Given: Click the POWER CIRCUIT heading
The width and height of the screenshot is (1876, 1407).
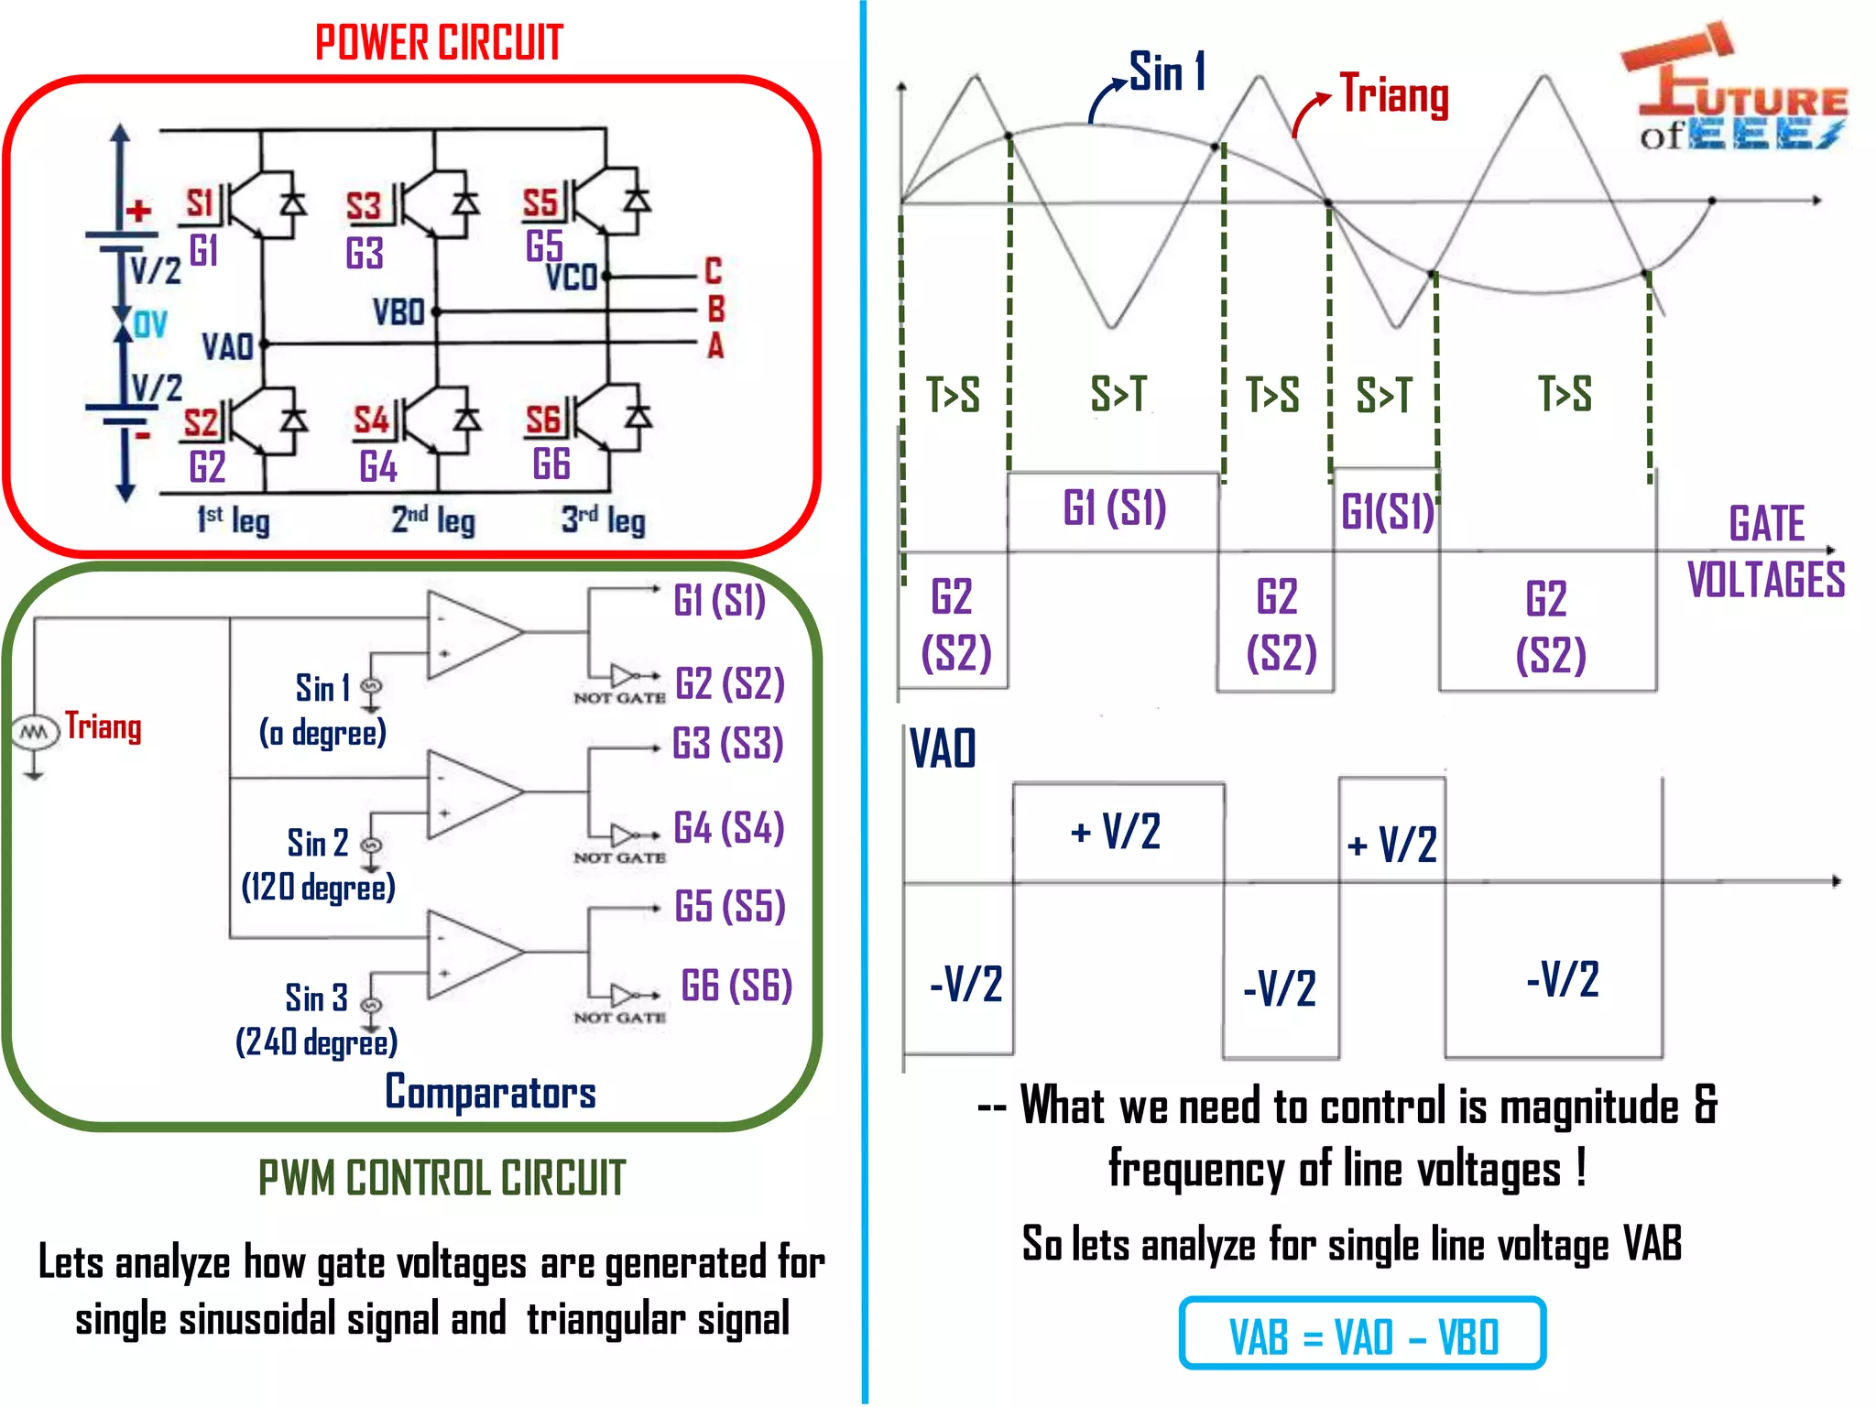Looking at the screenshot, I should pyautogui.click(x=439, y=43).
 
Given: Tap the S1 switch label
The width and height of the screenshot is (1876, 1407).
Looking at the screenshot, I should pyautogui.click(x=199, y=203).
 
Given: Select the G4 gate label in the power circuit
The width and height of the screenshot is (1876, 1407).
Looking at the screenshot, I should pyautogui.click(x=377, y=467).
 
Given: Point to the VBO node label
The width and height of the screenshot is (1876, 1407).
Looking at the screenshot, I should pyautogui.click(x=398, y=313).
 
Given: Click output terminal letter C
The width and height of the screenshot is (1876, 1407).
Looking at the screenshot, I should pyautogui.click(x=713, y=271).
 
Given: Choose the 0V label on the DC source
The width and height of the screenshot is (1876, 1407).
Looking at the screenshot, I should pyautogui.click(x=150, y=324).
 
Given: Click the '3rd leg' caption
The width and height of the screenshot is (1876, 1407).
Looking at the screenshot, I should pyautogui.click(x=603, y=520).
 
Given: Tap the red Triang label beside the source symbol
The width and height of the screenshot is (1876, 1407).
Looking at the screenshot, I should pyautogui.click(x=103, y=726).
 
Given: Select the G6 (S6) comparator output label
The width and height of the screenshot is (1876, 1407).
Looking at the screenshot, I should pyautogui.click(x=736, y=986).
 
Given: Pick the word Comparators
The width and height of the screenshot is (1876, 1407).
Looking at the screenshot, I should pyautogui.click(x=490, y=1092).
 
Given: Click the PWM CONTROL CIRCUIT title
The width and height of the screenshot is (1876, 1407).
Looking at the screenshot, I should pyautogui.click(x=442, y=1178).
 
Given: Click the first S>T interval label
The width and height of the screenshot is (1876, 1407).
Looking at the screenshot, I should pyautogui.click(x=1118, y=394).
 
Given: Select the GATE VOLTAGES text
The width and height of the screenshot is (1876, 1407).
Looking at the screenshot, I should pyautogui.click(x=1765, y=552).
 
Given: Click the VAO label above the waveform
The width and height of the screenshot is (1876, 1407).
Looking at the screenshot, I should pyautogui.click(x=943, y=748).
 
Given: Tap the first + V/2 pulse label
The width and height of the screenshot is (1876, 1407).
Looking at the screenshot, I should pyautogui.click(x=1115, y=832).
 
